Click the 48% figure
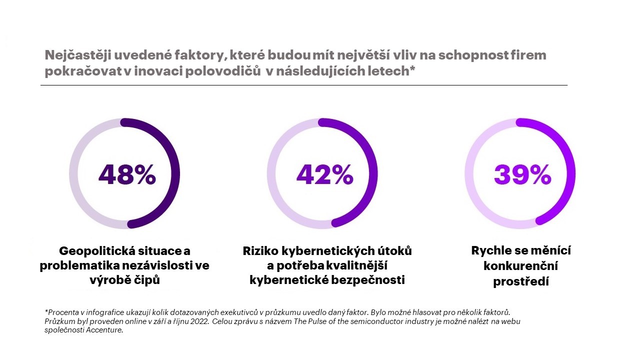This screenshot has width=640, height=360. [127, 174]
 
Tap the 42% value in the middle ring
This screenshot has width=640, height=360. [324, 174]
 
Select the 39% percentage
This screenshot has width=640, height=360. [522, 174]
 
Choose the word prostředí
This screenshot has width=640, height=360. [521, 281]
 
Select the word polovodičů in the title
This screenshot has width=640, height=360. [220, 71]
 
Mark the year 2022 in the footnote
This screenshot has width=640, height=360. [199, 321]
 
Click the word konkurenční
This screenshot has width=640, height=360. [520, 266]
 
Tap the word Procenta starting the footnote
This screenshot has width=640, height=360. [63, 312]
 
